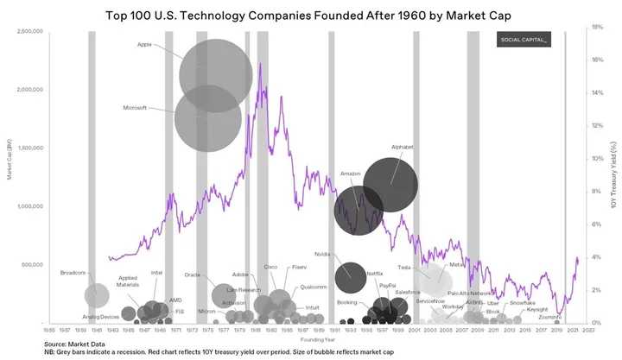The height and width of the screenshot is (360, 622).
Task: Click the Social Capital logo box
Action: (x=524, y=41)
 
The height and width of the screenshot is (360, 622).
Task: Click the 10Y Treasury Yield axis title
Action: (x=612, y=177)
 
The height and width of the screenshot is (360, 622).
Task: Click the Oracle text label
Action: (x=192, y=275)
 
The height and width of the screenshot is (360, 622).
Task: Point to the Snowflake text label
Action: (x=521, y=303)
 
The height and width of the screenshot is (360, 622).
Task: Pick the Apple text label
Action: (x=144, y=43)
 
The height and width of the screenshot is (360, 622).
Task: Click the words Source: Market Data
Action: (x=74, y=344)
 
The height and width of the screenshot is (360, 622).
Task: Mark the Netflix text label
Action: (x=374, y=274)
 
